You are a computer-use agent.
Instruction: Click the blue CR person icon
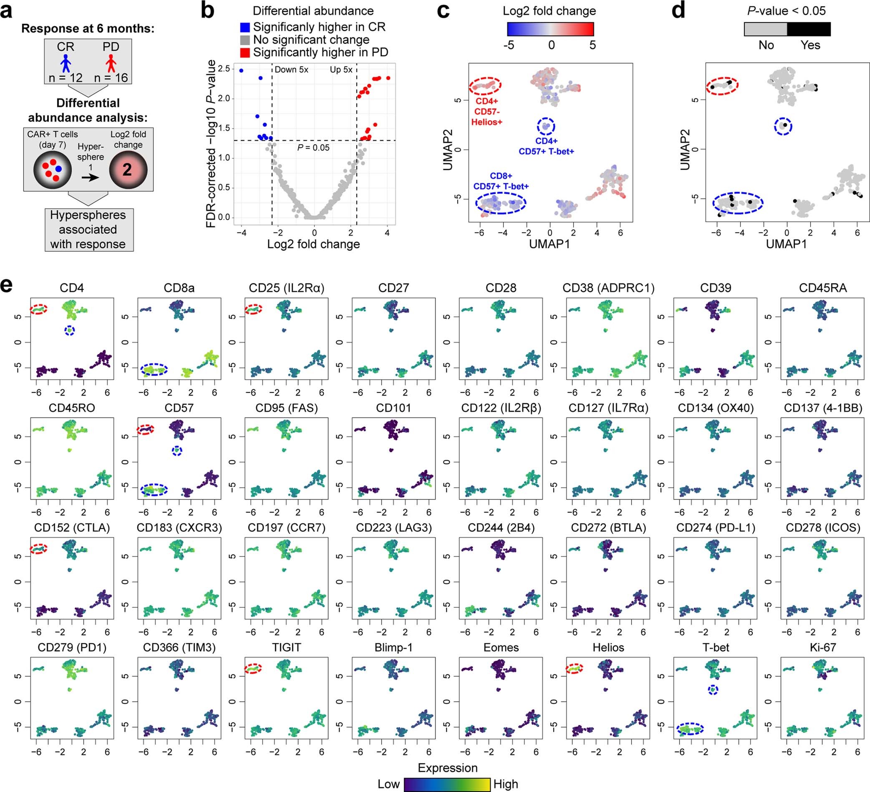pos(66,63)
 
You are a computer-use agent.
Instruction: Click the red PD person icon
pos(111,63)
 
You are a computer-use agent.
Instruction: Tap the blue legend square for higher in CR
pos(245,27)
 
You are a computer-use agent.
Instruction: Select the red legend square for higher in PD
pos(245,53)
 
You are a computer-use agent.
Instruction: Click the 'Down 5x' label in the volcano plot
pos(291,70)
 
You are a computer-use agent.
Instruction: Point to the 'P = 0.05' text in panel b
pos(313,148)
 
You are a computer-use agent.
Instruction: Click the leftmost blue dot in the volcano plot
pos(241,70)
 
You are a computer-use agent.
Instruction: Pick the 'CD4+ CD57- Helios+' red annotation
pos(487,112)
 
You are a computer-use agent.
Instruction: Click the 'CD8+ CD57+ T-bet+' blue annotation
pos(501,181)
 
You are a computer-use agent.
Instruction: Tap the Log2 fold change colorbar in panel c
pos(550,29)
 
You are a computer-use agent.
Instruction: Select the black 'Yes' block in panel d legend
pos(808,29)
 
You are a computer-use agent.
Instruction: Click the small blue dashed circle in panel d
pos(783,126)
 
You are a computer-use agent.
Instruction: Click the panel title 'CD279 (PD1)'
pos(72,648)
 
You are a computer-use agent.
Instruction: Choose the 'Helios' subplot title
pos(608,648)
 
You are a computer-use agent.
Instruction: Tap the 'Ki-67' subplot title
pos(822,648)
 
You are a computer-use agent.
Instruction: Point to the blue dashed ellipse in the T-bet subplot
pos(690,729)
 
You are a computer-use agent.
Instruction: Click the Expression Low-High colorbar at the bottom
pos(446,784)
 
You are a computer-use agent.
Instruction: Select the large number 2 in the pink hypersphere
pos(127,169)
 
